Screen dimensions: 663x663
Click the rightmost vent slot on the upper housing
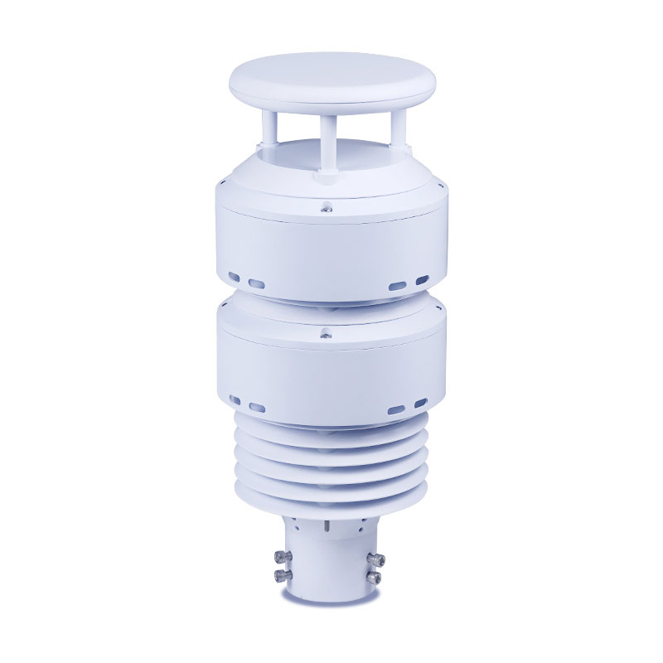coord(421,278)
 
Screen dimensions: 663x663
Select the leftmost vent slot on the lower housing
coord(235,399)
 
